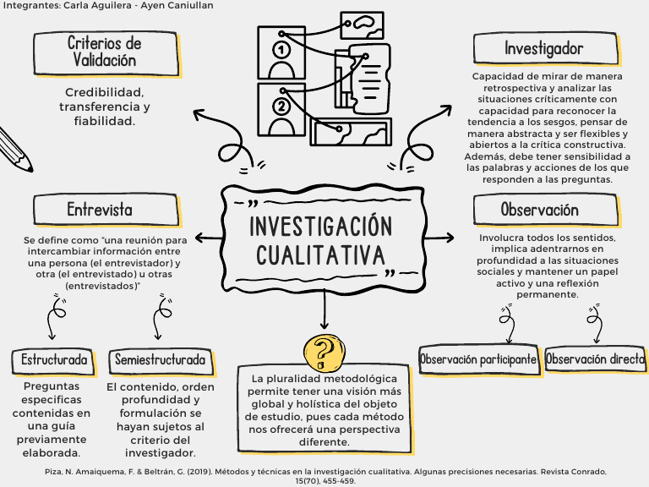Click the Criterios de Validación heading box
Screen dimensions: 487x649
click(x=105, y=52)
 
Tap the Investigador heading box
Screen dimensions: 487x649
click(x=543, y=49)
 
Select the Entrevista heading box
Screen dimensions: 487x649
click(x=100, y=210)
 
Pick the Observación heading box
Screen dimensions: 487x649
click(x=539, y=210)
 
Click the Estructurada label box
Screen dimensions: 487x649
click(x=54, y=360)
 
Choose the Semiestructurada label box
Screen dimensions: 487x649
click(x=160, y=360)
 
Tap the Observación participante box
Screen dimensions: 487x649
click(x=478, y=358)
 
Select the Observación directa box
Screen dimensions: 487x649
click(x=595, y=358)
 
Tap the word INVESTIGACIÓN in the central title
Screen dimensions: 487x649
click(x=322, y=227)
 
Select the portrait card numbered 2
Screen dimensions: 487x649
click(x=281, y=107)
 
